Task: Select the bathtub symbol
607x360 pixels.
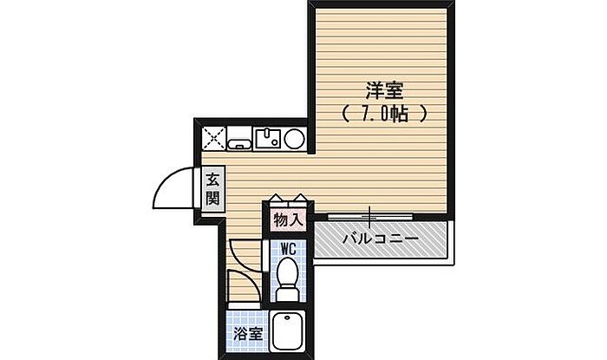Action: pyautogui.click(x=288, y=331)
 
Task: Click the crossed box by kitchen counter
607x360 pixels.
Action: pyautogui.click(x=214, y=138)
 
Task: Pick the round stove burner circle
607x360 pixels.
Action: pyautogui.click(x=294, y=138)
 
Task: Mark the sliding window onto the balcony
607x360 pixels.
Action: pyautogui.click(x=369, y=213)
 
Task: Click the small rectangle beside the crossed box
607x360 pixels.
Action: pyautogui.click(x=240, y=138)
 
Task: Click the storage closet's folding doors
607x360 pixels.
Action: pyautogui.click(x=288, y=201)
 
